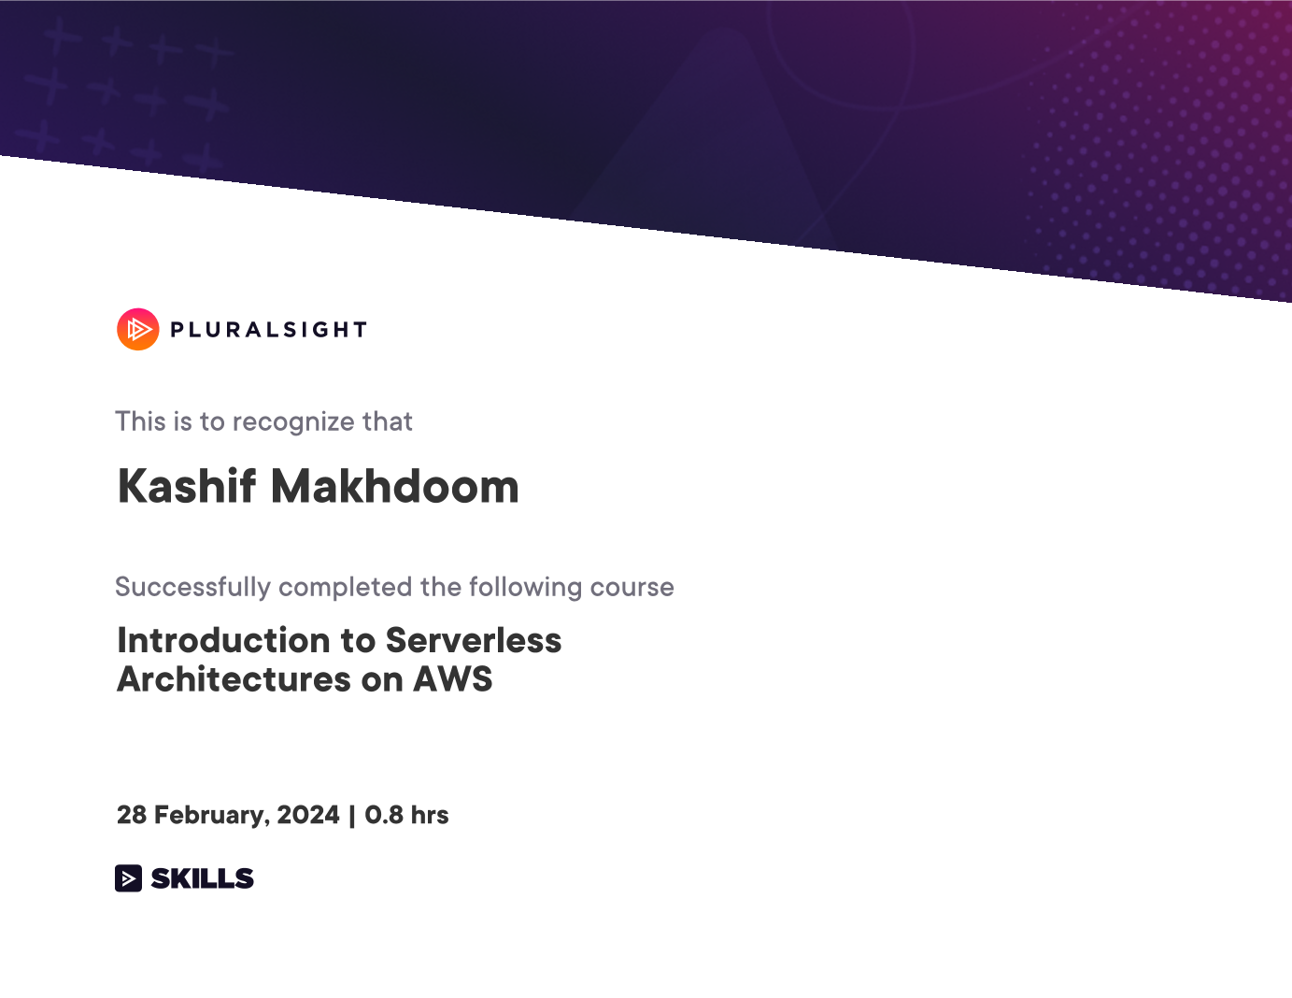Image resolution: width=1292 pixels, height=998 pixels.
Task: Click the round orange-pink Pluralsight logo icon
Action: [x=138, y=329]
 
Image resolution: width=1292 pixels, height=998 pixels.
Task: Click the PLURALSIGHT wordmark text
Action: [x=269, y=330]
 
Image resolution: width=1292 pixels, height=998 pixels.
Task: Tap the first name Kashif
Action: [x=187, y=487]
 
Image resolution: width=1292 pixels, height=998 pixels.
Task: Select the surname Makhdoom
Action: [x=395, y=487]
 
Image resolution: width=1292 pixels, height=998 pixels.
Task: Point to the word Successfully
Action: [x=192, y=588]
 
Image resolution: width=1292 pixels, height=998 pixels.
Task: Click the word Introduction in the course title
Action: [x=223, y=640]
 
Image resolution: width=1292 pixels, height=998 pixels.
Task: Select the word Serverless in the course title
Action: [x=474, y=640]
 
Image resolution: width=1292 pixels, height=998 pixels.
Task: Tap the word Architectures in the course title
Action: [x=234, y=679]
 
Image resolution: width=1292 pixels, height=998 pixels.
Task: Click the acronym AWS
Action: [x=452, y=679]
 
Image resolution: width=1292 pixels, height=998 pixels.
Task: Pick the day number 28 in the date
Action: [x=132, y=815]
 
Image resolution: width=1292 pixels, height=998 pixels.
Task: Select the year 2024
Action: [x=308, y=815]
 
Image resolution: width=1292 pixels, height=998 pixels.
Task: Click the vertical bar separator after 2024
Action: [x=352, y=816]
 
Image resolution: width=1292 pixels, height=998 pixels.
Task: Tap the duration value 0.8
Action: [x=384, y=815]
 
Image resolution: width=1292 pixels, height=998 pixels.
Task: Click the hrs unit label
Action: [x=430, y=815]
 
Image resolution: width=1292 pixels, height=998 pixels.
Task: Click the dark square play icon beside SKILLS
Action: [x=128, y=878]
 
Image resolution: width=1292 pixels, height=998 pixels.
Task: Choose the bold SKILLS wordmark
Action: [x=202, y=878]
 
